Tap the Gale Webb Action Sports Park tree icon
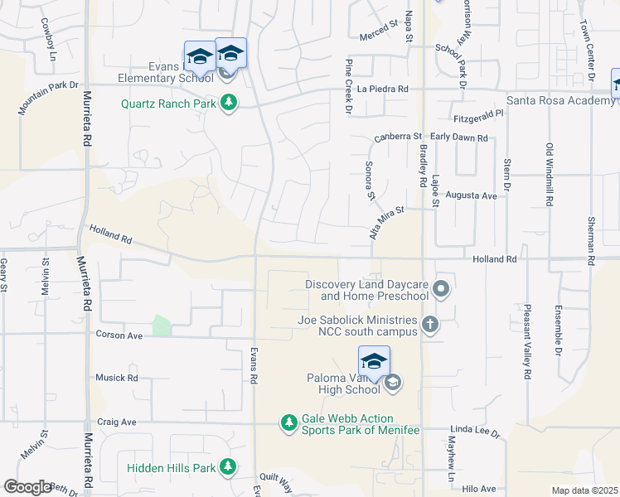[x=289, y=424]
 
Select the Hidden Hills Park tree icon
[x=228, y=468]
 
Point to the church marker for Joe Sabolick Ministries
[x=429, y=324]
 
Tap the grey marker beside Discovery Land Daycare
[x=441, y=289]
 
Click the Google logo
[x=27, y=487]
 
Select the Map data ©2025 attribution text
[x=585, y=490]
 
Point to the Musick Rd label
[x=116, y=378]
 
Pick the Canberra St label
[x=398, y=137]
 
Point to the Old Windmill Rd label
[x=549, y=173]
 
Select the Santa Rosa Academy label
[x=560, y=100]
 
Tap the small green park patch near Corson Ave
[x=162, y=326]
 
